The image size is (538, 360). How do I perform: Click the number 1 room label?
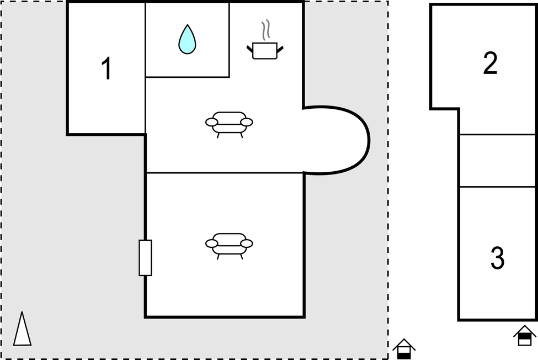107,68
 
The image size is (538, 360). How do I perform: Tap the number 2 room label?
490,63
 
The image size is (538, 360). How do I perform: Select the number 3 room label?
498,258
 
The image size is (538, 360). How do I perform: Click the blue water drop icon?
187,39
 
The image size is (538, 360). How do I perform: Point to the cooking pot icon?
265,51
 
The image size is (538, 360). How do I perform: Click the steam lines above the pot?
265,29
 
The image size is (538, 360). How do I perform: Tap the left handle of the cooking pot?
250,49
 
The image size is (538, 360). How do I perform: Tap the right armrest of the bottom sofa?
247,243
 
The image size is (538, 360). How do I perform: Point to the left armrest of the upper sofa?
211,122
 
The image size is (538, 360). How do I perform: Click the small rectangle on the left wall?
145,258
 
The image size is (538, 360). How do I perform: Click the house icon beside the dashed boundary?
404,348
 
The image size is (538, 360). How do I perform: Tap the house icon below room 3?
525,335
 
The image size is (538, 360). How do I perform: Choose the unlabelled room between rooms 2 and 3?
497,161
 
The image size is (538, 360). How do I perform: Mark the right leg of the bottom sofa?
242,256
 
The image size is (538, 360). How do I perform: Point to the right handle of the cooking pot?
280,49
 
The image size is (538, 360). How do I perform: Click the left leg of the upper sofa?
218,135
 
